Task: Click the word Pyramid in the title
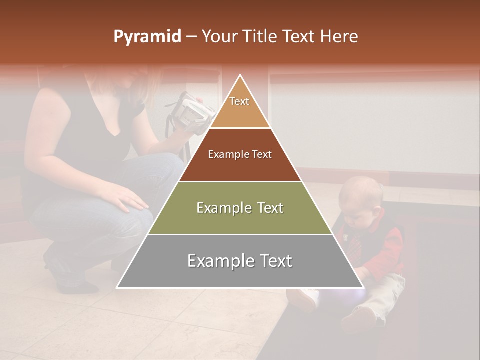click(x=147, y=37)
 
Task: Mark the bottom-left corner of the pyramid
click(x=117, y=287)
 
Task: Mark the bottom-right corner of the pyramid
click(x=363, y=287)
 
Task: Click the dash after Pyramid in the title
click(x=191, y=37)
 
